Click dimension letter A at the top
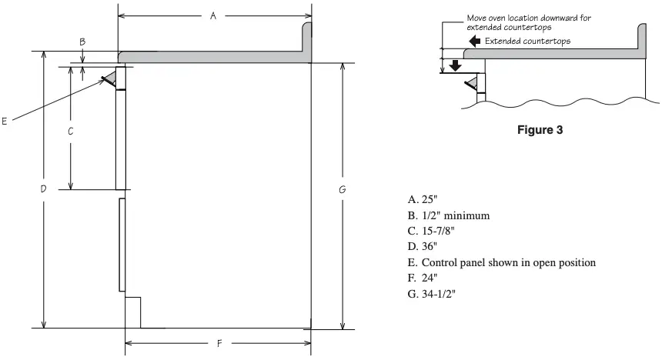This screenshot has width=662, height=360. [213, 16]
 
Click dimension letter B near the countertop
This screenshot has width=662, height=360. [82, 40]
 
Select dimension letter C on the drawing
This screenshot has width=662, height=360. [71, 131]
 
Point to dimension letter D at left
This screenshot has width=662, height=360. [44, 188]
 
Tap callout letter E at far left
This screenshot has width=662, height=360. [5, 121]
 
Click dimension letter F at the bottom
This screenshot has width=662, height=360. [220, 343]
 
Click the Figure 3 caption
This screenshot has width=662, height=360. [540, 131]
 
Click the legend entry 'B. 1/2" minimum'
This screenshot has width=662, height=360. [449, 215]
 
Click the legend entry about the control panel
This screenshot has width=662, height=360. [502, 262]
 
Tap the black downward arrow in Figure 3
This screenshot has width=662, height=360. [456, 65]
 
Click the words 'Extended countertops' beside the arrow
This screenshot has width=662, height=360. [527, 41]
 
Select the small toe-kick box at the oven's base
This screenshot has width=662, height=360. [132, 312]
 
